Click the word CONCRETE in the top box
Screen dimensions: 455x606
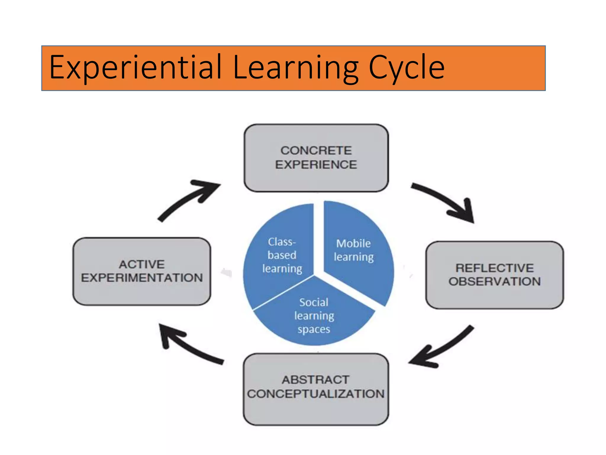(316, 150)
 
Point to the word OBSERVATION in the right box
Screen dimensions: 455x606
(494, 281)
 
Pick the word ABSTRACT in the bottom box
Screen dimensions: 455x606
(315, 380)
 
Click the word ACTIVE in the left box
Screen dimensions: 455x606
(142, 264)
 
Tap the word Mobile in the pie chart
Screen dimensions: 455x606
(353, 243)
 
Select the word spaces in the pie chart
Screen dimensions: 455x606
(314, 329)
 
